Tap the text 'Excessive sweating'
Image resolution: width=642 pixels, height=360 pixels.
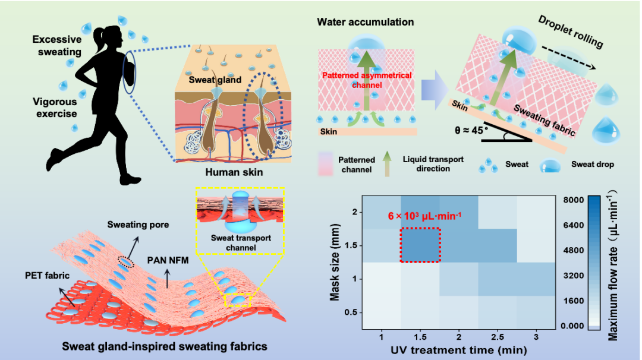[x=57, y=46]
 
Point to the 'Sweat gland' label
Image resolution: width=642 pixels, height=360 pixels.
[x=215, y=80]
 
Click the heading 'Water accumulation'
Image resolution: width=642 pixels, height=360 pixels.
[x=365, y=23]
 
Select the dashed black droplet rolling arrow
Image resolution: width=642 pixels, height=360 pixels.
[x=575, y=58]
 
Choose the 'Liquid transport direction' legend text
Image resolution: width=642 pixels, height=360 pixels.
[x=433, y=164]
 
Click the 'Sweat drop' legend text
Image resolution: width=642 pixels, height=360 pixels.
[x=592, y=164]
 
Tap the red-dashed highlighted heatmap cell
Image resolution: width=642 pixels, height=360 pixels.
[x=420, y=245]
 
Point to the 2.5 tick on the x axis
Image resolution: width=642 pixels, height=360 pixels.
[x=498, y=337]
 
